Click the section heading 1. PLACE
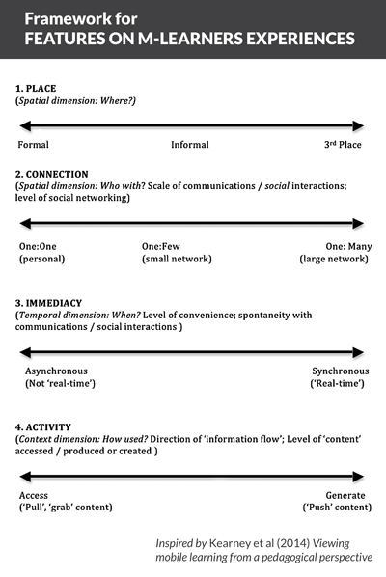coord(36,89)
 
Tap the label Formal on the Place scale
coord(33,145)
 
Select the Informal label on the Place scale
coord(190,145)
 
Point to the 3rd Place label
coord(343,145)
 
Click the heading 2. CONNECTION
coord(52,174)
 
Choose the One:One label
coord(38,246)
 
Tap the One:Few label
coord(161,246)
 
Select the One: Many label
coord(348,246)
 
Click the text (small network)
coord(177,259)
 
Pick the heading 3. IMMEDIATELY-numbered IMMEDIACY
coord(48,303)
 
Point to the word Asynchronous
coord(56,371)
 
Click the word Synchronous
coord(341,371)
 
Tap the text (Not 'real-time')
coord(61,384)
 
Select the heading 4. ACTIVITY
coord(43,427)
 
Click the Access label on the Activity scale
coord(34,495)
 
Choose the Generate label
coord(345,495)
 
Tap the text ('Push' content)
coord(337,508)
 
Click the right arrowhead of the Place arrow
coord(358,125)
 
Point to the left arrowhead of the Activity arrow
coord(25,477)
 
